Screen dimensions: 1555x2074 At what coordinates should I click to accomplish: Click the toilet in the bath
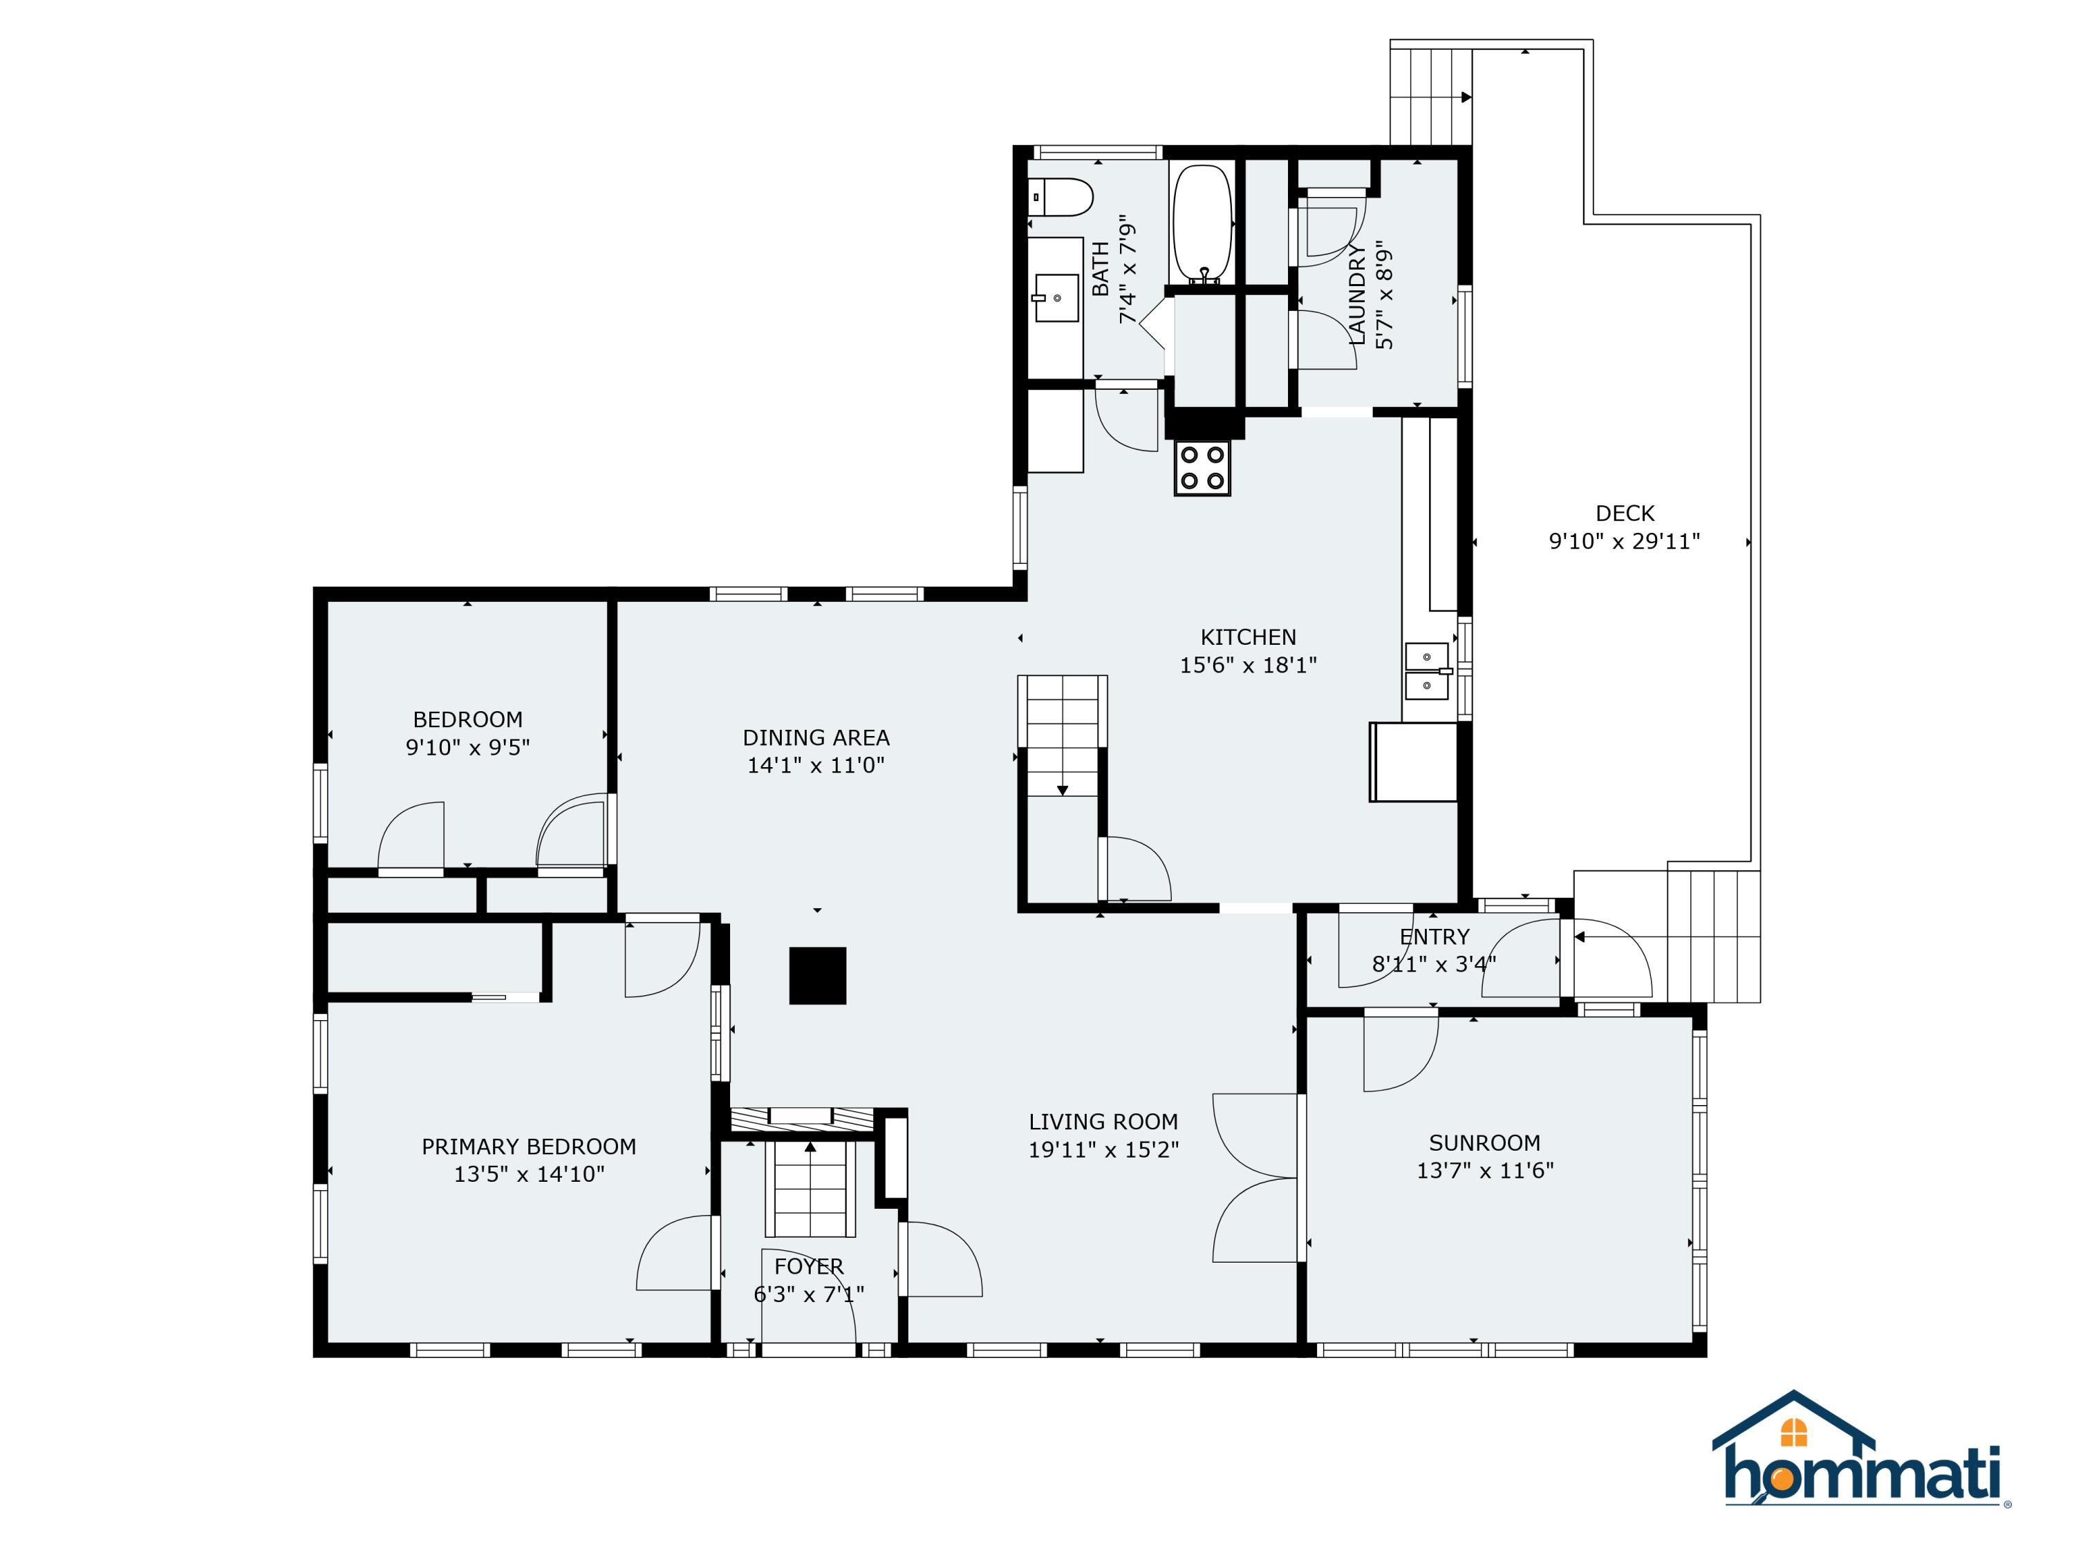pos(1064,198)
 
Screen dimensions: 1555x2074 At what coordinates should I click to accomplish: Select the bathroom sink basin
pos(1056,297)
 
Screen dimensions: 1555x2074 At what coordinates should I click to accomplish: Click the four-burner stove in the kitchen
pos(1202,468)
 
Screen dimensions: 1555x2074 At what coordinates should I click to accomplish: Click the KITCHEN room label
pos(1248,637)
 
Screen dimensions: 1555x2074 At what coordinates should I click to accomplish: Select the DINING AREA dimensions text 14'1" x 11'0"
pos(816,765)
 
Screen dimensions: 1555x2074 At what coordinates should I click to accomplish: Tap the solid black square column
pos(818,976)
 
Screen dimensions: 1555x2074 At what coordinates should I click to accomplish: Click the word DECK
pos(1624,513)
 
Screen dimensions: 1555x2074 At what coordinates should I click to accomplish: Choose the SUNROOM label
pos(1484,1142)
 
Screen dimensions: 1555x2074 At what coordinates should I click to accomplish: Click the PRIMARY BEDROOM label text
pos(529,1147)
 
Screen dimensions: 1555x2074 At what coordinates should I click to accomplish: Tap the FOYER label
pos(808,1266)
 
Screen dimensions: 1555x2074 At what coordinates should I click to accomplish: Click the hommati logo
pos(1862,1462)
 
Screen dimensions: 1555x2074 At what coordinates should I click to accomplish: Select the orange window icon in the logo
pos(1793,1432)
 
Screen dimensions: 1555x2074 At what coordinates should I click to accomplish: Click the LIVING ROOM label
pos(1103,1121)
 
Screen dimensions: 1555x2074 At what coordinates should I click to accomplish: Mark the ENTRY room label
pos(1434,936)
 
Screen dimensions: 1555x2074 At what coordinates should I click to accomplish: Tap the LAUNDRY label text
pos(1356,294)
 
